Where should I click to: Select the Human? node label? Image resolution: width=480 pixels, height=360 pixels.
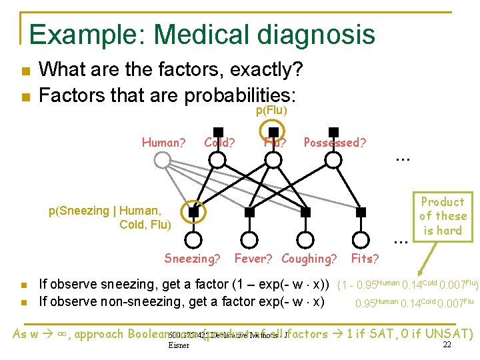point(163,142)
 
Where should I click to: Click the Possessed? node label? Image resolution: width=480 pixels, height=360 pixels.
point(335,142)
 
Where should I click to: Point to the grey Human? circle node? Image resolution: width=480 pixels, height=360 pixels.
point(163,159)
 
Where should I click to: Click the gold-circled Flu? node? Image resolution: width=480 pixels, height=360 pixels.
point(273,159)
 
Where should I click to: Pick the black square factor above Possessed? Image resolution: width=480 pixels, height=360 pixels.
point(333,132)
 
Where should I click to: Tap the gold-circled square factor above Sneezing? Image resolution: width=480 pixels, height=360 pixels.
point(193,212)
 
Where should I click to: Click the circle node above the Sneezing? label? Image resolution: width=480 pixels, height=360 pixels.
point(193,240)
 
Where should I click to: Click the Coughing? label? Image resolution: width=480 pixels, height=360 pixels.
point(309,259)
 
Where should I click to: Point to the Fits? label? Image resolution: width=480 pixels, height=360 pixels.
point(365,259)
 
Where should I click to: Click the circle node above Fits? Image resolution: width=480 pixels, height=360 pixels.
point(361,240)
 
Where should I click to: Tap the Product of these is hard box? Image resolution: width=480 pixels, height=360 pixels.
point(443,216)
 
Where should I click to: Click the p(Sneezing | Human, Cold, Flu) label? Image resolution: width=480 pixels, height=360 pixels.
point(110,217)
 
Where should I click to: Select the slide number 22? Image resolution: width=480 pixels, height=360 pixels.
point(447,345)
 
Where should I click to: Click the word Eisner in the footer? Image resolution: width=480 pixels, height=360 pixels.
point(179,345)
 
